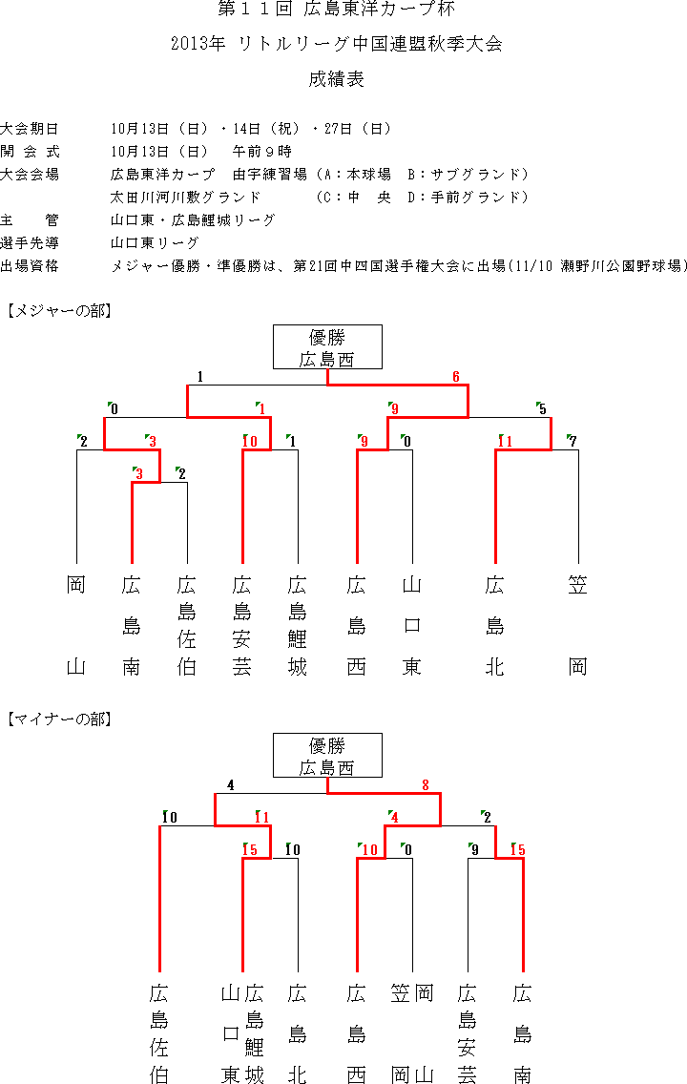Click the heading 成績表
coord(336,79)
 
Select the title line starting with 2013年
coord(337,44)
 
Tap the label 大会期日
coord(30,129)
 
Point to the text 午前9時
coord(262,152)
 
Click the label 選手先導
coord(30,242)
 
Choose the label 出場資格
coord(30,265)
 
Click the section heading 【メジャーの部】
coord(59,311)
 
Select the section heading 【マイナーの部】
coord(59,719)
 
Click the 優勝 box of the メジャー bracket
coord(327,347)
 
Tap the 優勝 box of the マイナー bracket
coord(327,756)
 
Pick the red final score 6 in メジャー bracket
coord(456,377)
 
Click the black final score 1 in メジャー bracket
coord(200,377)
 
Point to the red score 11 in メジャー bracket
coord(505,442)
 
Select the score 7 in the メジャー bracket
coord(572,441)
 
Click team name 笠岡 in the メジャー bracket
coord(578,626)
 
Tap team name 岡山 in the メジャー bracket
coord(76,626)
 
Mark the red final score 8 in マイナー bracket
coord(426,785)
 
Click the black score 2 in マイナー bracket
coord(488,818)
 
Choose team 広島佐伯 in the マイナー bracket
coord(159,1033)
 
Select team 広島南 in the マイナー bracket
coord(523,1033)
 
